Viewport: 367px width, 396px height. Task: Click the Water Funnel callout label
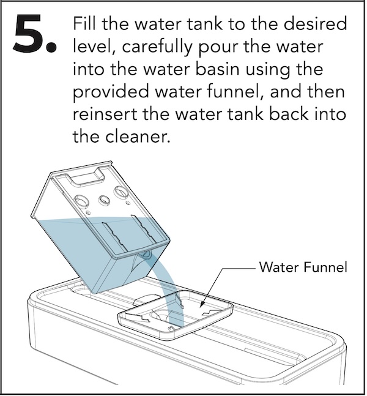tap(303, 267)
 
